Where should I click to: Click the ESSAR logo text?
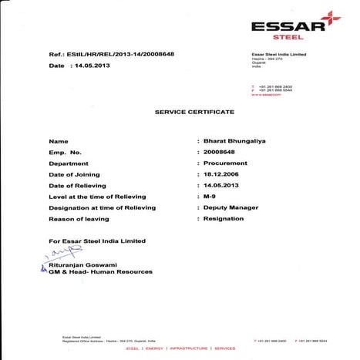[x=282, y=25]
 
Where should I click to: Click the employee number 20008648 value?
[x=223, y=153]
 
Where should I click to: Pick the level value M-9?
[x=211, y=197]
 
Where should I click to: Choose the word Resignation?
[x=224, y=219]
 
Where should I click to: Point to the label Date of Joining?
[x=76, y=175]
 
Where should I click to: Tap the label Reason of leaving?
[x=79, y=219]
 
